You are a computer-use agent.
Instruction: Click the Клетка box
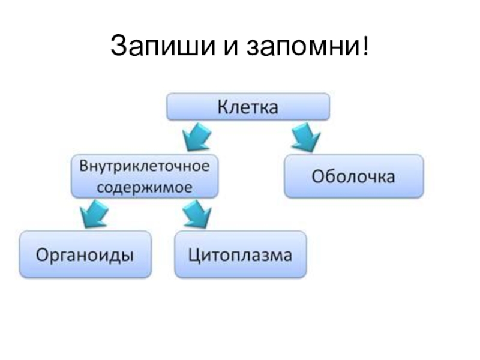(x=247, y=108)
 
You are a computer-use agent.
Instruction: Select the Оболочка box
(x=353, y=176)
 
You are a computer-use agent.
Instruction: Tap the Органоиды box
(x=85, y=254)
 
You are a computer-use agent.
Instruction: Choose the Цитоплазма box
(x=240, y=254)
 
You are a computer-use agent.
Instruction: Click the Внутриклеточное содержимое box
(x=145, y=176)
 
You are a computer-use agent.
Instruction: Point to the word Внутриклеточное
(x=145, y=166)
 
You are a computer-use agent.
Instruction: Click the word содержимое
(x=145, y=187)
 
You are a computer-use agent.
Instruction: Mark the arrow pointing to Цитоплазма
(x=196, y=214)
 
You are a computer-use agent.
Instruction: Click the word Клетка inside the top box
(x=247, y=108)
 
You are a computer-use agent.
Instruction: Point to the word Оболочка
(x=353, y=177)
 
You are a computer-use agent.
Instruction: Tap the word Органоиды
(x=85, y=255)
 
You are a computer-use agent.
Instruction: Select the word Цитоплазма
(x=240, y=255)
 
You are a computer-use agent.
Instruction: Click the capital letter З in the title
(x=118, y=46)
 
